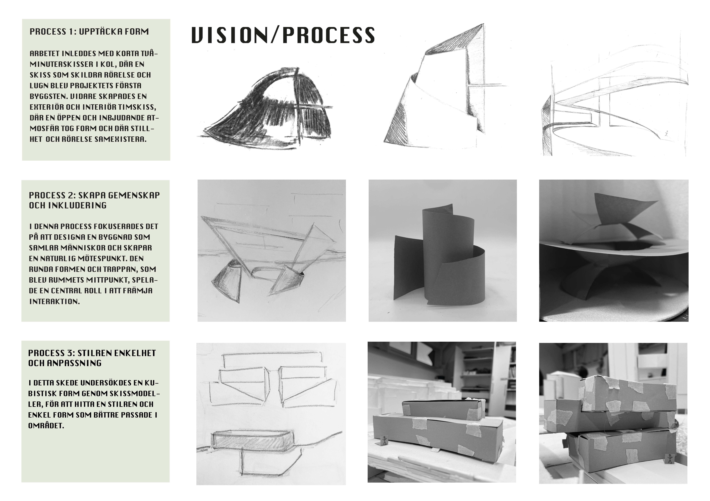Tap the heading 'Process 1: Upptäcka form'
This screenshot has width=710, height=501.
click(x=89, y=32)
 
